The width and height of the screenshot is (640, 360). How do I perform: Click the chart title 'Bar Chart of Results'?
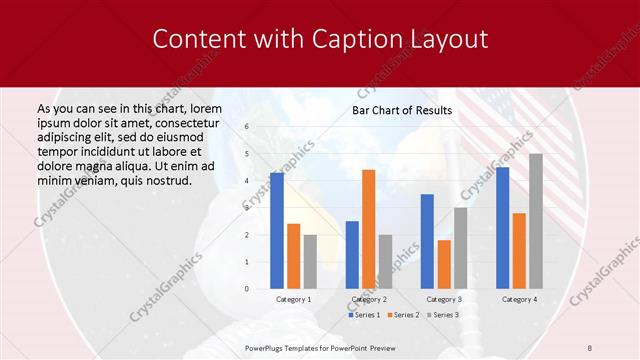[x=402, y=110]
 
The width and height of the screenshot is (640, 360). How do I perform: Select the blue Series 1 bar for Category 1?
[x=277, y=231]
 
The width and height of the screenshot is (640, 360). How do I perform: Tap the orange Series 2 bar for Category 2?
[x=368, y=229]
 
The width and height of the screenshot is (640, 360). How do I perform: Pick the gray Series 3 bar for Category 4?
[x=536, y=221]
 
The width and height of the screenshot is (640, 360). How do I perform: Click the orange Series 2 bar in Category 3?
[x=444, y=264]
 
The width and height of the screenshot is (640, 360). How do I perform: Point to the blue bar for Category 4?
[x=502, y=228]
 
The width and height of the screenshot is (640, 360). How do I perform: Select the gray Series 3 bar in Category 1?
[x=310, y=262]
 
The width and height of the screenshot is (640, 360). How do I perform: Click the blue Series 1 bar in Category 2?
[x=352, y=255]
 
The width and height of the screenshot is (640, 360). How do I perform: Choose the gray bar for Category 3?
[x=460, y=248]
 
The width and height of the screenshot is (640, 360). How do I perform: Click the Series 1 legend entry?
[x=363, y=315]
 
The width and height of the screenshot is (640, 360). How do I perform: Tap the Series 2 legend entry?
[x=402, y=315]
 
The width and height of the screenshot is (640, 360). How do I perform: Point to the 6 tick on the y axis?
[x=246, y=128]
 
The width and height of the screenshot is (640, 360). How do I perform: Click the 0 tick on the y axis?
[x=246, y=289]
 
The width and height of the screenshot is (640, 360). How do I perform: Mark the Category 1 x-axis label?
[x=293, y=299]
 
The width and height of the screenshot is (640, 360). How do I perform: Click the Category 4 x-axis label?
[x=519, y=299]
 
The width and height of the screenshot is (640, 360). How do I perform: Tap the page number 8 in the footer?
[x=590, y=348]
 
